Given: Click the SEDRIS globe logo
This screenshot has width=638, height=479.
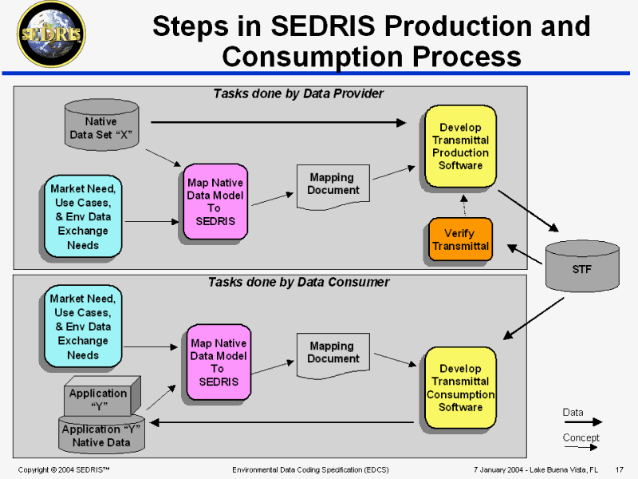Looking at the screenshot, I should click(x=53, y=34).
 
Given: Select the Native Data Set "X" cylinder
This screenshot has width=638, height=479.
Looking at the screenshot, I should click(x=100, y=127).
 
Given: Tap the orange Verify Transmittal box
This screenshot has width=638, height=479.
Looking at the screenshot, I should click(x=459, y=239).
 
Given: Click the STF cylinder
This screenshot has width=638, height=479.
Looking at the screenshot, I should click(x=581, y=268).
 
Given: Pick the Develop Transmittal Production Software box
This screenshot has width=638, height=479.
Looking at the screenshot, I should click(x=460, y=146).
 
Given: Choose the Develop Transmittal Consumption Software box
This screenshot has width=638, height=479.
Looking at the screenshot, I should click(x=460, y=387).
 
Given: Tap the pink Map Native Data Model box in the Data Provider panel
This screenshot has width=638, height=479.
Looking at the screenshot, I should click(x=215, y=202).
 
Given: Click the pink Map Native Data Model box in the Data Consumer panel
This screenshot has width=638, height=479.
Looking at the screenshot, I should click(x=218, y=362).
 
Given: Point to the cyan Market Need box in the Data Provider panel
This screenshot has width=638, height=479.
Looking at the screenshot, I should click(x=83, y=216).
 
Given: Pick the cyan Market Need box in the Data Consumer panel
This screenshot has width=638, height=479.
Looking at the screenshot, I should click(x=83, y=326).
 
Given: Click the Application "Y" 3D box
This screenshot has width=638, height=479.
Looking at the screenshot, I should click(x=98, y=398).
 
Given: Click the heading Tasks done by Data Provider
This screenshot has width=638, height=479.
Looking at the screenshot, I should click(x=298, y=94).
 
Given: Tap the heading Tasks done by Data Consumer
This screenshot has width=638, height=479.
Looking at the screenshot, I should click(x=298, y=282).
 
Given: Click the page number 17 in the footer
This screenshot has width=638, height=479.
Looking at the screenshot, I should click(x=619, y=469).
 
